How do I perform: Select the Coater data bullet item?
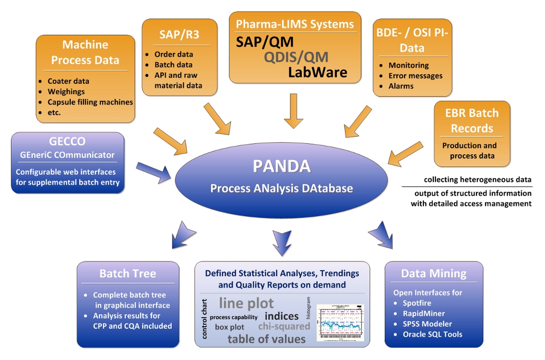coord(68,81)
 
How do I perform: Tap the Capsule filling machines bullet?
coord(90,102)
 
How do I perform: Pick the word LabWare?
coord(317,71)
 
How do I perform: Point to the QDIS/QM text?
coord(296,57)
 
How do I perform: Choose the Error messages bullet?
coord(415,76)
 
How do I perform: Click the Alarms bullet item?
coord(401,86)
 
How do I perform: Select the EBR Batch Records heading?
coord(472,121)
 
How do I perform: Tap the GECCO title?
coord(67,142)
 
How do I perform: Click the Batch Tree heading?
coord(128,273)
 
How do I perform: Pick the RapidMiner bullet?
coord(423,313)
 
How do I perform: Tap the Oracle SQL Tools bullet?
coord(432,334)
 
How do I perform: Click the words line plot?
coord(246,303)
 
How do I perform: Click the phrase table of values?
coord(267,339)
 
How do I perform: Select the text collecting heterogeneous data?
coord(477,180)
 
